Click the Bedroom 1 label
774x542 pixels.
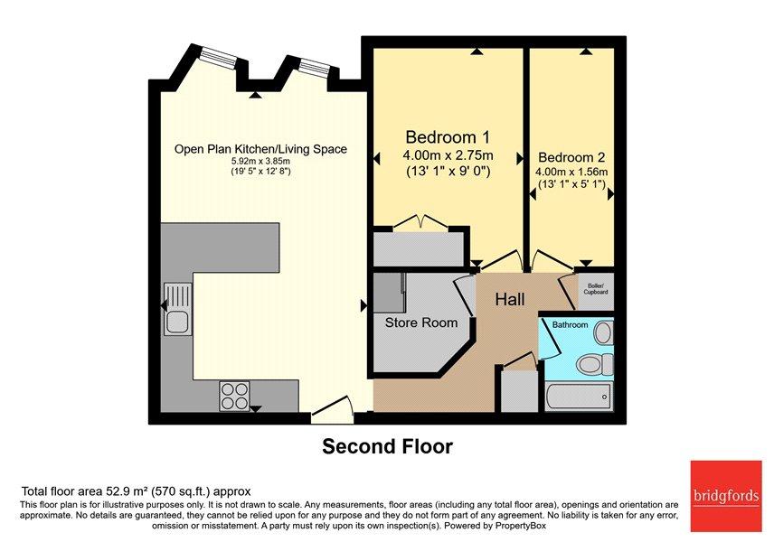(448, 136)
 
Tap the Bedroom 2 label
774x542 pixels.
(571, 157)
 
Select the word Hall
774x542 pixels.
(510, 299)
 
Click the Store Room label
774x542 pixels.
(421, 322)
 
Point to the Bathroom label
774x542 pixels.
(571, 324)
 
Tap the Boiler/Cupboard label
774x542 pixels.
(596, 289)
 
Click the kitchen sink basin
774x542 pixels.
(176, 322)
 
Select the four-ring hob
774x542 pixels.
(234, 396)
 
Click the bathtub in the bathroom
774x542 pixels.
(580, 397)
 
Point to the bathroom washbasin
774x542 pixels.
(603, 333)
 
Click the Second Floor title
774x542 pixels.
(388, 446)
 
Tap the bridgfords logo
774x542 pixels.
(725, 496)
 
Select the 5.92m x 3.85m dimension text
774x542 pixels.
(260, 162)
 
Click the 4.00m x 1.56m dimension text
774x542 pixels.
(571, 173)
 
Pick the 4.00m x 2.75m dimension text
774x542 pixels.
(448, 155)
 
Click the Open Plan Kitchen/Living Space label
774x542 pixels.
(260, 149)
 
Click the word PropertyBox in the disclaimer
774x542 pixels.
(521, 526)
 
